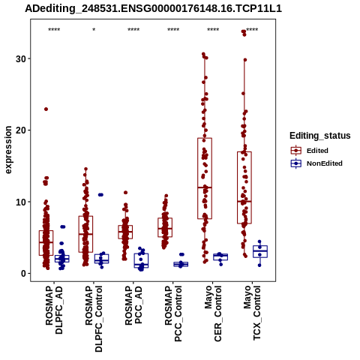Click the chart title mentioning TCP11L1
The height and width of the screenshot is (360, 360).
pyautogui.click(x=153, y=8)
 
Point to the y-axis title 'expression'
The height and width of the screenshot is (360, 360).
pyautogui.click(x=8, y=150)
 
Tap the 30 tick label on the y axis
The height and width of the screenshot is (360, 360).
pyautogui.click(x=21, y=59)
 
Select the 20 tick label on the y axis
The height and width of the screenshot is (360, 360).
pyautogui.click(x=21, y=130)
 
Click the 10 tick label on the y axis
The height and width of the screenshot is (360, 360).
pyautogui.click(x=21, y=202)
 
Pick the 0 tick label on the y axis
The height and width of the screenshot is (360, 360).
pyautogui.click(x=24, y=274)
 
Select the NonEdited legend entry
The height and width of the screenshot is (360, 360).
pyautogui.click(x=316, y=163)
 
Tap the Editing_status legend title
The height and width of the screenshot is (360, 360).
pyautogui.click(x=320, y=136)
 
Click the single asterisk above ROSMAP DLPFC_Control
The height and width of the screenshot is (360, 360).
pyautogui.click(x=94, y=30)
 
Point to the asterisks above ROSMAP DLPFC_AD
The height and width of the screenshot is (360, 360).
pyautogui.click(x=54, y=30)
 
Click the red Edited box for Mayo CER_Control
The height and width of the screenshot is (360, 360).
pyautogui.click(x=205, y=178)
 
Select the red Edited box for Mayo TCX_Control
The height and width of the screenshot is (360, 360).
pyautogui.click(x=244, y=187)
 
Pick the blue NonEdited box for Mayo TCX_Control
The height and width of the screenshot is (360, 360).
pyautogui.click(x=260, y=251)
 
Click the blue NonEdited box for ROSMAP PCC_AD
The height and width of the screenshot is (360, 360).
pyautogui.click(x=141, y=261)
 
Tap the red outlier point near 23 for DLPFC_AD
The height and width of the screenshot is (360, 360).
pyautogui.click(x=46, y=109)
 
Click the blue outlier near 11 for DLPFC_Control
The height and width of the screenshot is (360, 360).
pyautogui.click(x=100, y=195)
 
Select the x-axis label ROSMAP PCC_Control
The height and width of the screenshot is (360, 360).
pyautogui.click(x=173, y=313)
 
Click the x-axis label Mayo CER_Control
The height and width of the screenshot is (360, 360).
pyautogui.click(x=213, y=313)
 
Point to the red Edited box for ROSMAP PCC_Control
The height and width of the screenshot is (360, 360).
pyautogui.click(x=165, y=227)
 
